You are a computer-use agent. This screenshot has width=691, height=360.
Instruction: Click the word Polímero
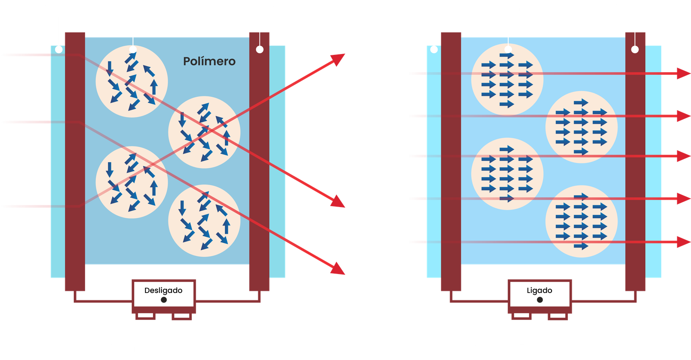pyautogui.click(x=209, y=61)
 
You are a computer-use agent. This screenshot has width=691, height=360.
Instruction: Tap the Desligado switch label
pyautogui.click(x=163, y=290)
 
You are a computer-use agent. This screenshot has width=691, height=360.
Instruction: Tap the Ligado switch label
pyautogui.click(x=539, y=290)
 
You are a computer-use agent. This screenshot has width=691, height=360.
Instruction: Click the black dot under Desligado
pyautogui.click(x=164, y=300)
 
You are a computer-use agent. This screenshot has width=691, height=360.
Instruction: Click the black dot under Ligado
pyautogui.click(x=539, y=300)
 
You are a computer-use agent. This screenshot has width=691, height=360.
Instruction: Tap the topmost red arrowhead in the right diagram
pyautogui.click(x=684, y=73)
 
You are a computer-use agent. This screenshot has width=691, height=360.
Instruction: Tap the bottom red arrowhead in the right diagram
pyautogui.click(x=684, y=242)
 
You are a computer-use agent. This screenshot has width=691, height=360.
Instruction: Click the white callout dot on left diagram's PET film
pyautogui.click(x=58, y=50)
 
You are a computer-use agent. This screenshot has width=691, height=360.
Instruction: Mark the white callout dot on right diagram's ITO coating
pyautogui.click(x=635, y=50)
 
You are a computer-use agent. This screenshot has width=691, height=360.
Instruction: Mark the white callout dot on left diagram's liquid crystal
pyautogui.click(x=133, y=50)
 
